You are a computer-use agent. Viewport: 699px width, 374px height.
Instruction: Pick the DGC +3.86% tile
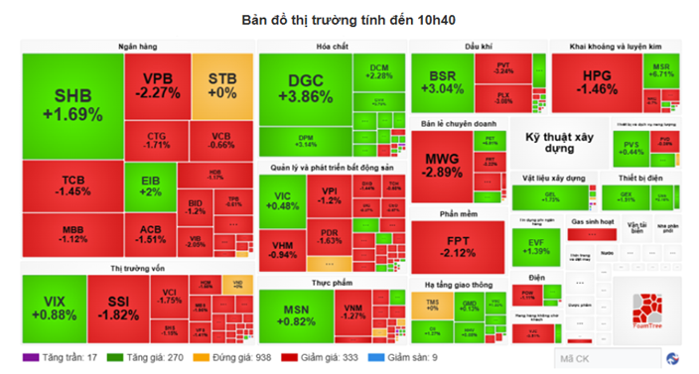pyautogui.click(x=299, y=89)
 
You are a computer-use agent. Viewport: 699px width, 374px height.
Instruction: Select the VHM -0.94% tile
pyautogui.click(x=283, y=248)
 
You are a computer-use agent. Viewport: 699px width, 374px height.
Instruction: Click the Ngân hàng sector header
pyautogui.click(x=134, y=47)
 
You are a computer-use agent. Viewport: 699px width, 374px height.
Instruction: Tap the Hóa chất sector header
pyautogui.click(x=331, y=47)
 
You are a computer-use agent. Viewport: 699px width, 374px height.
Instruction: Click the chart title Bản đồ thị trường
pyautogui.click(x=349, y=19)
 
